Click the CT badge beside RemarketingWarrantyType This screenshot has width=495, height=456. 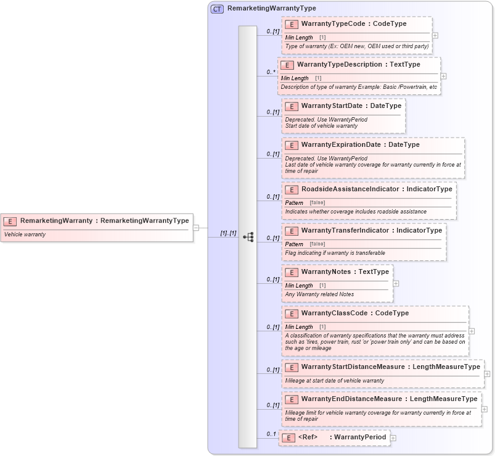(x=217, y=9)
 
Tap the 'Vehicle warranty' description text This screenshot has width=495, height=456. (x=25, y=234)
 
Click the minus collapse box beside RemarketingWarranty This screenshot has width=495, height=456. (x=196, y=227)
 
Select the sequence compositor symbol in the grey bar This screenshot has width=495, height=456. (x=248, y=237)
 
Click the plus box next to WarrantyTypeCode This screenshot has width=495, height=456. (x=435, y=36)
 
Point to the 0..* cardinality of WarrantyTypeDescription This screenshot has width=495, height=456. (x=271, y=72)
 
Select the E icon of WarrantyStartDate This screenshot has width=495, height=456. (x=292, y=106)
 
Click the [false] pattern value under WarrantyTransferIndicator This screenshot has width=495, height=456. (x=317, y=244)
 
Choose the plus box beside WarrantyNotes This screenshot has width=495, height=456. (x=396, y=284)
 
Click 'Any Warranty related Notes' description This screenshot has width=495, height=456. (x=319, y=294)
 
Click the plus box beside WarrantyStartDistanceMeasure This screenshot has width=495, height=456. (x=487, y=373)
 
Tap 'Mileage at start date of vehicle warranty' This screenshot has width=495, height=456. (x=334, y=381)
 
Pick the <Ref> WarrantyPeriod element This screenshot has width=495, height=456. (x=342, y=437)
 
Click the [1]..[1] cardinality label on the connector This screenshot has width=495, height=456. (x=228, y=233)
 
